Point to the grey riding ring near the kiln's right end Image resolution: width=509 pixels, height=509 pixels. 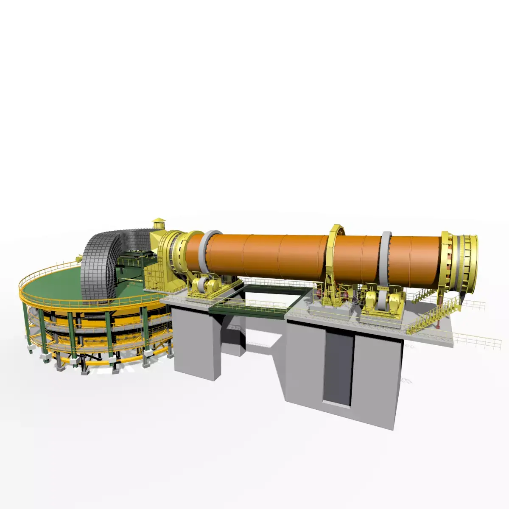coord(386,259)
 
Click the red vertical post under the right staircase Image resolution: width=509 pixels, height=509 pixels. coord(437,324)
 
